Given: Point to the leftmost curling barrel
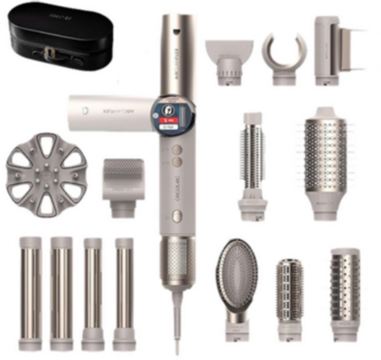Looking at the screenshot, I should coord(28,280).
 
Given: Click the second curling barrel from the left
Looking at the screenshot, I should coord(60,280).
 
